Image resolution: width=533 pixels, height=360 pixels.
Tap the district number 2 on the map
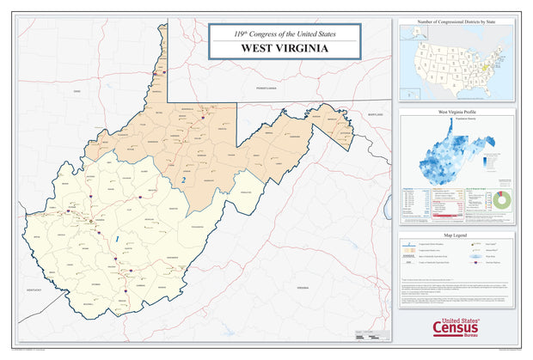pos(183,180)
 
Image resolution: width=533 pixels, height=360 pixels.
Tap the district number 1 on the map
pos(117,238)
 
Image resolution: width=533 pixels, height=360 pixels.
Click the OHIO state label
pos(76,89)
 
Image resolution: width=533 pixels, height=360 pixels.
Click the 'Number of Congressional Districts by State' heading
pos(456,19)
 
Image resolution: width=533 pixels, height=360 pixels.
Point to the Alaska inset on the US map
pos(416,35)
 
